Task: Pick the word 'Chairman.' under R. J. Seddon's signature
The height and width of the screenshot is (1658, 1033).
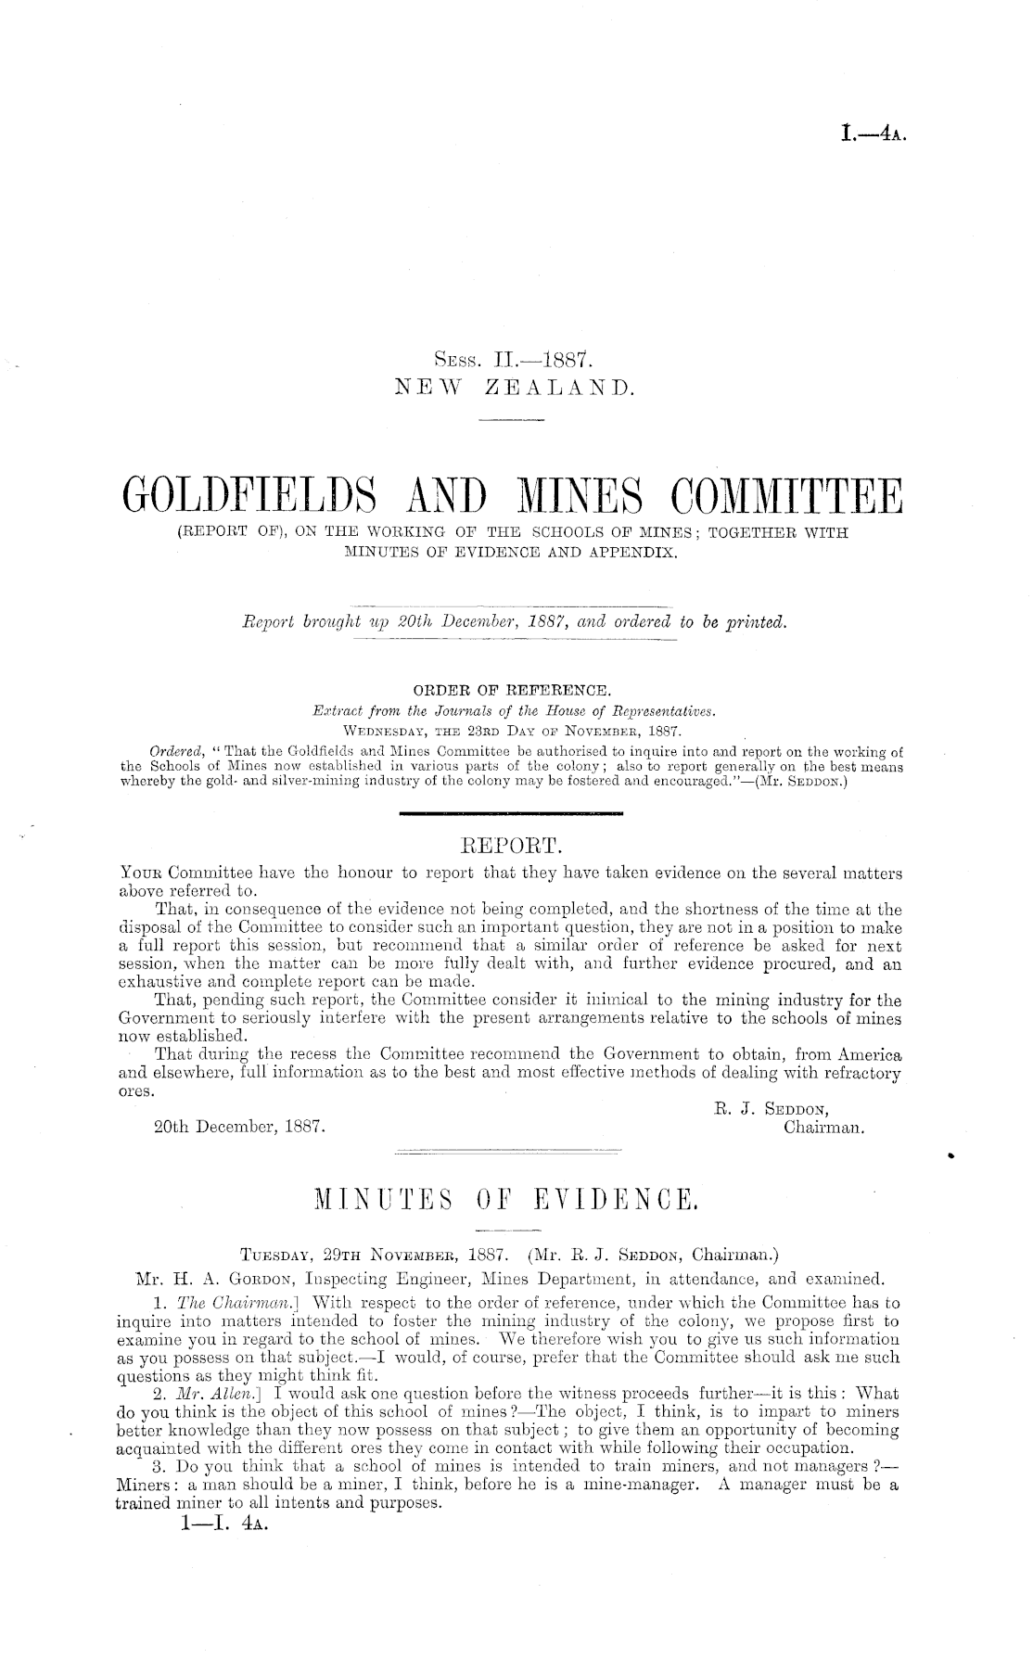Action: (x=824, y=1129)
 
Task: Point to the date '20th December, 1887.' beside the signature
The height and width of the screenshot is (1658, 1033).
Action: (x=238, y=1129)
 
